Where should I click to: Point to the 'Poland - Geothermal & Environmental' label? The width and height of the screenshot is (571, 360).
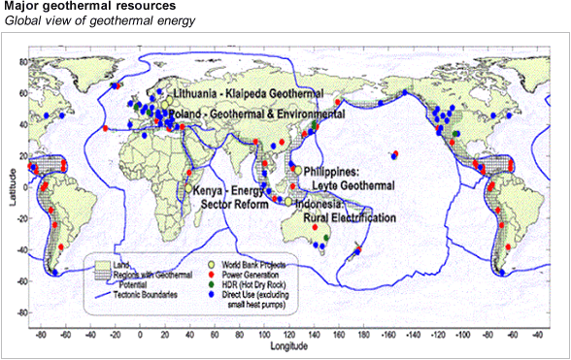pyautogui.click(x=255, y=114)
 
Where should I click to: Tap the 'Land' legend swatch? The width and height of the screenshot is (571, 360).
pyautogui.click(x=102, y=264)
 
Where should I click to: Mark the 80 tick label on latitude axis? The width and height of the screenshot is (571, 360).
pyautogui.click(x=26, y=60)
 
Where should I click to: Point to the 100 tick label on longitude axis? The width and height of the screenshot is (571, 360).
pyautogui.click(x=264, y=334)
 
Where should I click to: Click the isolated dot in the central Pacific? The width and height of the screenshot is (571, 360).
pyautogui.click(x=394, y=154)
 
